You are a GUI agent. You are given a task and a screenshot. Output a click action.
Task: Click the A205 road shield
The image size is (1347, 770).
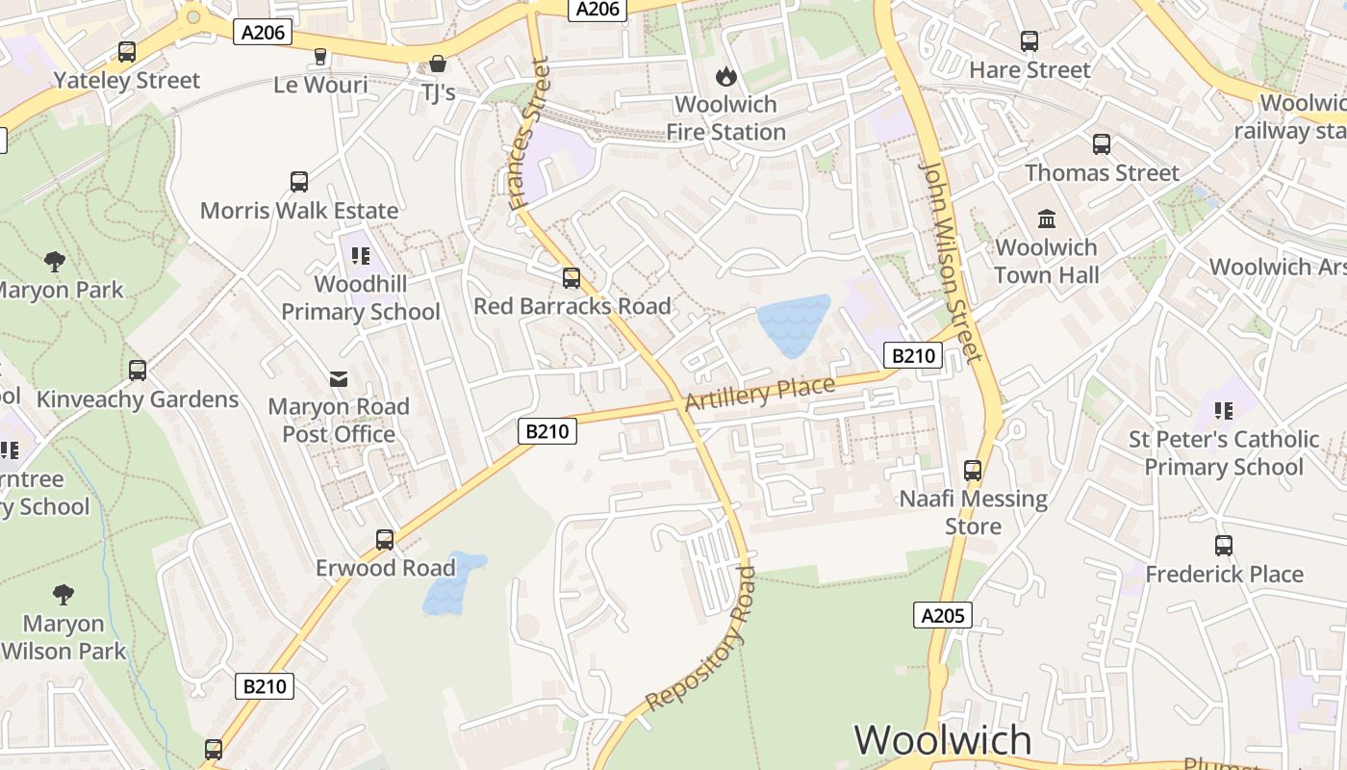click(942, 615)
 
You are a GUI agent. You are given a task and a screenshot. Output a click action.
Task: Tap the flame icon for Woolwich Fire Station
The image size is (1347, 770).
click(725, 76)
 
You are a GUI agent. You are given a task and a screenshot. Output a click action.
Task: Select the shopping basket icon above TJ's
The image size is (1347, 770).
click(438, 64)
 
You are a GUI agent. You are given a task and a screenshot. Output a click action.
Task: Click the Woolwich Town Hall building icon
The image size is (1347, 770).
click(1047, 218)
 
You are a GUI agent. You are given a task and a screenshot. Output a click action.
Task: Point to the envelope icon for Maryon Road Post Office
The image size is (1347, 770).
click(339, 379)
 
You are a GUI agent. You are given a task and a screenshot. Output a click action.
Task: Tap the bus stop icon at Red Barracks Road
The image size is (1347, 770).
click(572, 278)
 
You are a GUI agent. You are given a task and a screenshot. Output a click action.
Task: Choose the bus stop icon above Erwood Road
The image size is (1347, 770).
click(385, 540)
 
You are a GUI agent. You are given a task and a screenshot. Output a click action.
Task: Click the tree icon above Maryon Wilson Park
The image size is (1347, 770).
click(64, 595)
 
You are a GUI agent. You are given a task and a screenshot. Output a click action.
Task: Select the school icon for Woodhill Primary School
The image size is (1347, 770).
click(361, 256)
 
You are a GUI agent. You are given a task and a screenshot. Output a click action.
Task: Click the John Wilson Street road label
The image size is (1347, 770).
click(953, 262)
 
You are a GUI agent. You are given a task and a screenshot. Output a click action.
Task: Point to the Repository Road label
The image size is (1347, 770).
click(700, 639)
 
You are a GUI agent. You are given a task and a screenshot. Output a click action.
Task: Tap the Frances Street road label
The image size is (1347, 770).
click(529, 135)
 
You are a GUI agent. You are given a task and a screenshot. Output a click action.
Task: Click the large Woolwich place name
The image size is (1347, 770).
click(943, 740)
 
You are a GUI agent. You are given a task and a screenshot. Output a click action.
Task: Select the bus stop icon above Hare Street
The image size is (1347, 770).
click(1029, 41)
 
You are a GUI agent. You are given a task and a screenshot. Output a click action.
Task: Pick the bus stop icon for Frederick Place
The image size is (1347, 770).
click(1224, 546)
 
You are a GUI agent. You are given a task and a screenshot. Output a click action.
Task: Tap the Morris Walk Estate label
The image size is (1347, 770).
click(299, 210)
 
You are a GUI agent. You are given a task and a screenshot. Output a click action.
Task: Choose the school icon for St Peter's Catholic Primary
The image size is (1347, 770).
click(1224, 411)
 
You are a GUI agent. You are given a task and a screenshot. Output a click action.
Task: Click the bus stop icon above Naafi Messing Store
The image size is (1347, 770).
click(973, 471)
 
